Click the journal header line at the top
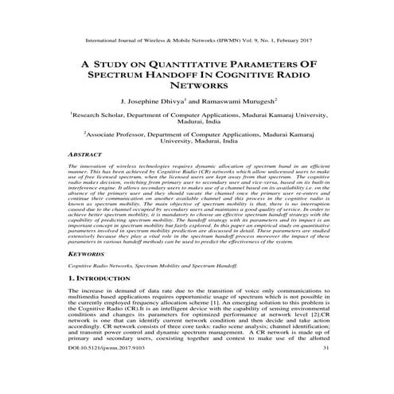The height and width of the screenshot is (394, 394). [x=196, y=37]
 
